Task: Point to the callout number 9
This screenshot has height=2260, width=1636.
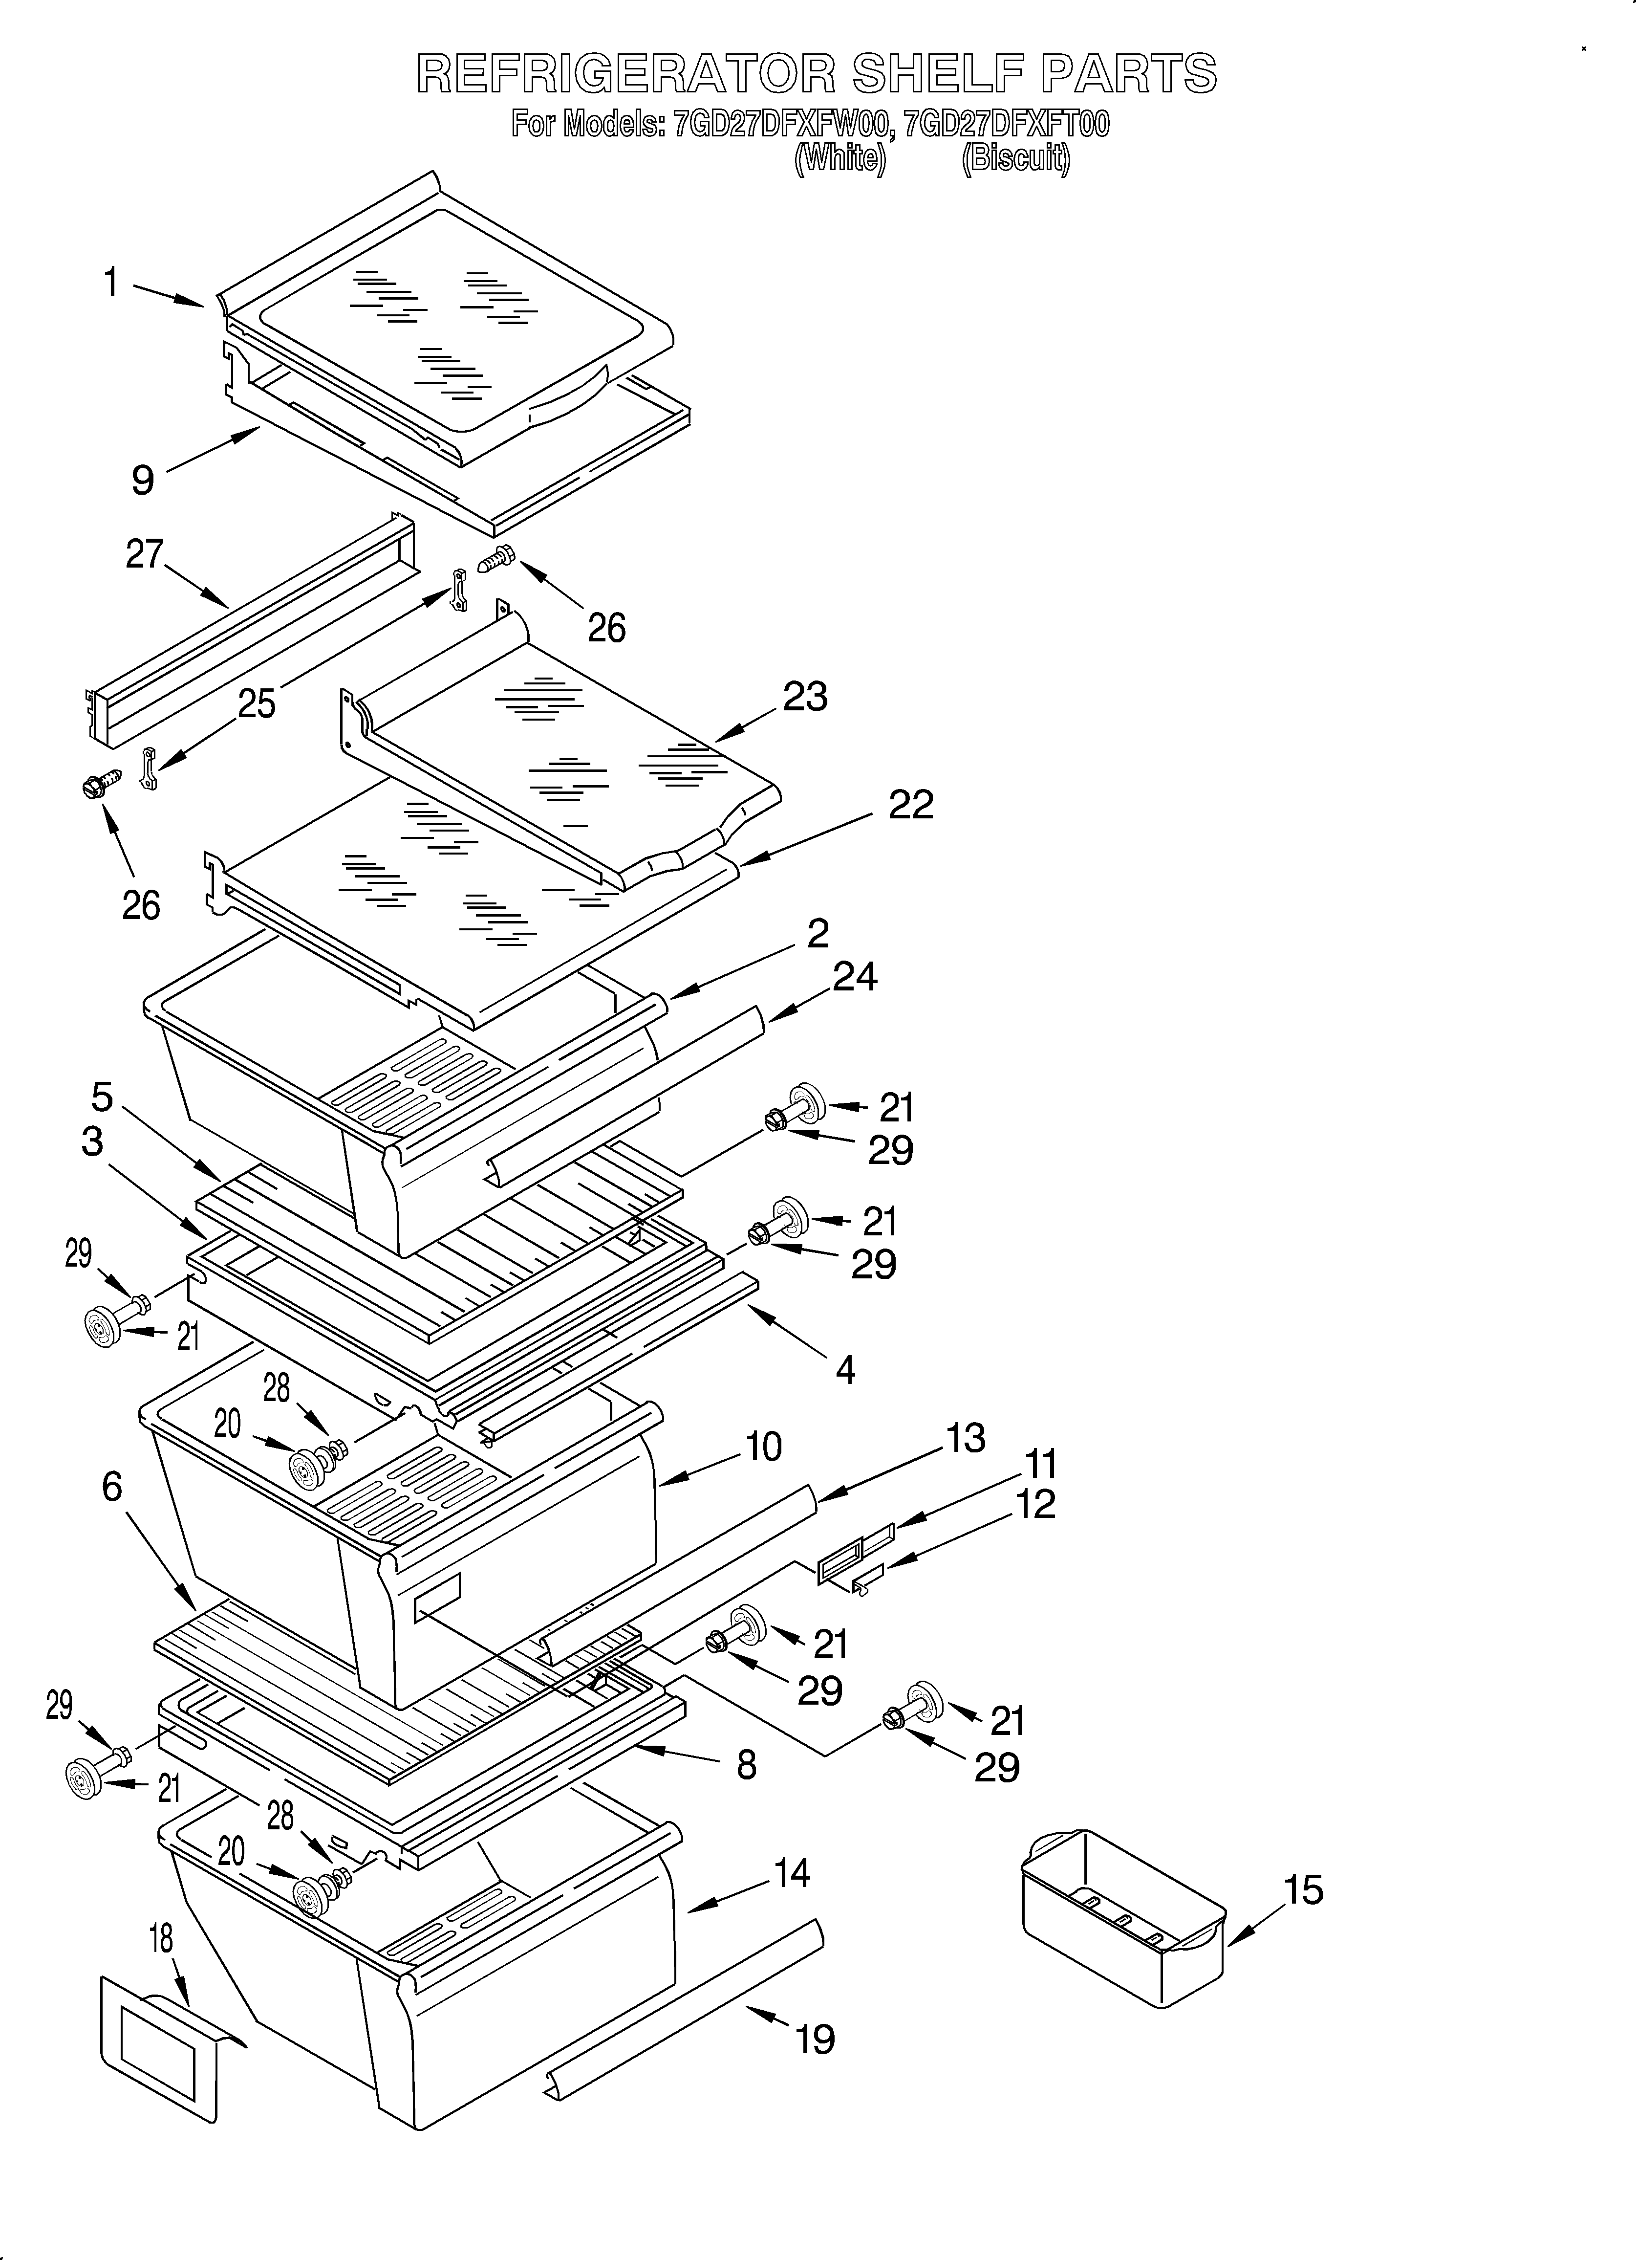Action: (x=144, y=480)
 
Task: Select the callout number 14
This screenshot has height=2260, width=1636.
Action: (x=792, y=1873)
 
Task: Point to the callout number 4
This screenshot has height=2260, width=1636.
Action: (x=845, y=1371)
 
